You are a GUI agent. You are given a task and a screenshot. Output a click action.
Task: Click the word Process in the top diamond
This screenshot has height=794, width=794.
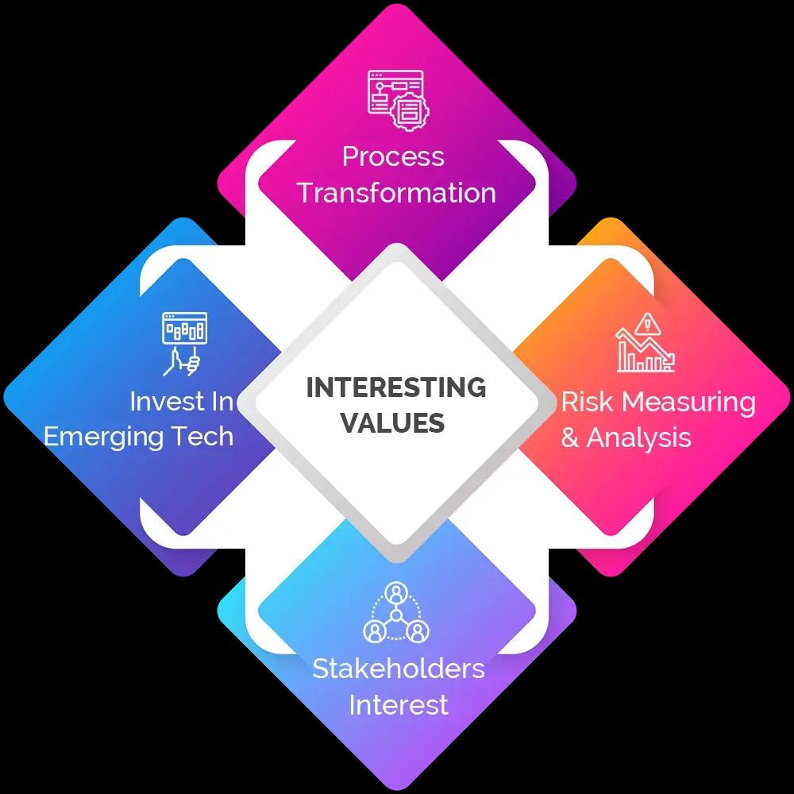coord(393,156)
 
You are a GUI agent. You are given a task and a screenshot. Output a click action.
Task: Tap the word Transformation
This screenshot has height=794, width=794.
coord(397,193)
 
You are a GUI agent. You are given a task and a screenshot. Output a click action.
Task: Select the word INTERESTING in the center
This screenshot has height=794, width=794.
coord(396,387)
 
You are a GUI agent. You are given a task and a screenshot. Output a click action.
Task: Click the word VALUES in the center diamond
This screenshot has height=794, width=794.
coord(392,422)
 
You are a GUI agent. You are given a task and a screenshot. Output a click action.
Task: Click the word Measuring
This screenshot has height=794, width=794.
coord(688,403)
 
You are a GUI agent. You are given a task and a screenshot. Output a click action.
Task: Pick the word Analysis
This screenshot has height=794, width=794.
coord(639,437)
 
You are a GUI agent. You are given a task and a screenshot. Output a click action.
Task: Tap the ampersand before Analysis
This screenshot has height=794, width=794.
coord(570,437)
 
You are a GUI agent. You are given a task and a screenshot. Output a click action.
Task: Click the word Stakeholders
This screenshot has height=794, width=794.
coord(398,669)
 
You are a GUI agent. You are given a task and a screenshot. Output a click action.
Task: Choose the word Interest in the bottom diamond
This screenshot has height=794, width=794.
coord(399,704)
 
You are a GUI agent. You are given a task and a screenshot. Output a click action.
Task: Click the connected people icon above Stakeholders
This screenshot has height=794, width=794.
coord(396,613)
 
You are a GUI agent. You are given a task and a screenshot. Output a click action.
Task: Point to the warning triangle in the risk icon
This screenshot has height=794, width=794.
coord(649,322)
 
